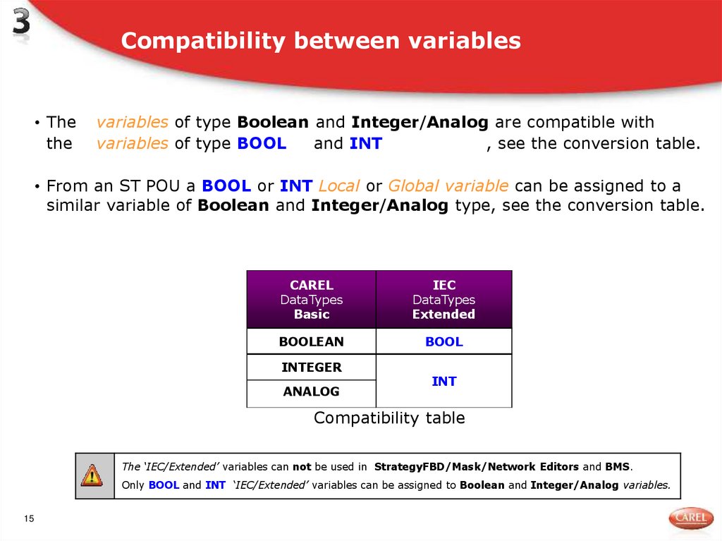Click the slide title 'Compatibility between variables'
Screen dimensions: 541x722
coord(321,41)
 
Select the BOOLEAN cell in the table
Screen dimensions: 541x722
coord(311,341)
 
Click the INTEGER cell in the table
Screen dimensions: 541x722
coord(311,367)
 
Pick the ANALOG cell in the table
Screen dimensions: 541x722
coord(311,391)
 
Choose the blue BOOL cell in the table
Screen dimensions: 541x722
coord(443,341)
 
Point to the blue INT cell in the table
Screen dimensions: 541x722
coord(443,381)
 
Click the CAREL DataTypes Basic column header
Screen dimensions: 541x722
coord(311,300)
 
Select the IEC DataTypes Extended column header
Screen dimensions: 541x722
coord(443,300)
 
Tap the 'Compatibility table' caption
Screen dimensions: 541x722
coord(389,418)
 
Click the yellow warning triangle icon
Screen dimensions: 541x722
coord(92,475)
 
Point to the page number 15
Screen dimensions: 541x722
coord(29,519)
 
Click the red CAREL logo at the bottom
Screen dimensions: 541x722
coord(690,518)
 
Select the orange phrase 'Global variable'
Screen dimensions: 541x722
coord(448,186)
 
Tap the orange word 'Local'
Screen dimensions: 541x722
coord(339,186)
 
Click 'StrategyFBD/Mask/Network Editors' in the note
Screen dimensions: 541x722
coord(477,467)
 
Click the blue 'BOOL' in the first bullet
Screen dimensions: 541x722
coord(262,144)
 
